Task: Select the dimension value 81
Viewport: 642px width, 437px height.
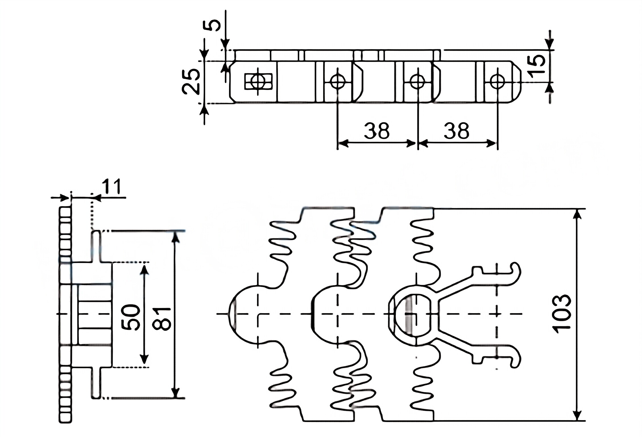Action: (x=162, y=319)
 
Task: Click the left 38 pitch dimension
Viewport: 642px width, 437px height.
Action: (x=377, y=131)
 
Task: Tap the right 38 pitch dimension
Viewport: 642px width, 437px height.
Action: (x=457, y=131)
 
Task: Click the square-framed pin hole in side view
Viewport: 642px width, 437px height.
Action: (x=258, y=81)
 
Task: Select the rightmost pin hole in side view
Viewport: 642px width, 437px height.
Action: (x=498, y=81)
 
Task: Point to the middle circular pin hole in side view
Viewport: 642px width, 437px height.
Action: (x=418, y=81)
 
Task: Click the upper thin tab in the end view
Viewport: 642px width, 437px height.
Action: (x=96, y=246)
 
